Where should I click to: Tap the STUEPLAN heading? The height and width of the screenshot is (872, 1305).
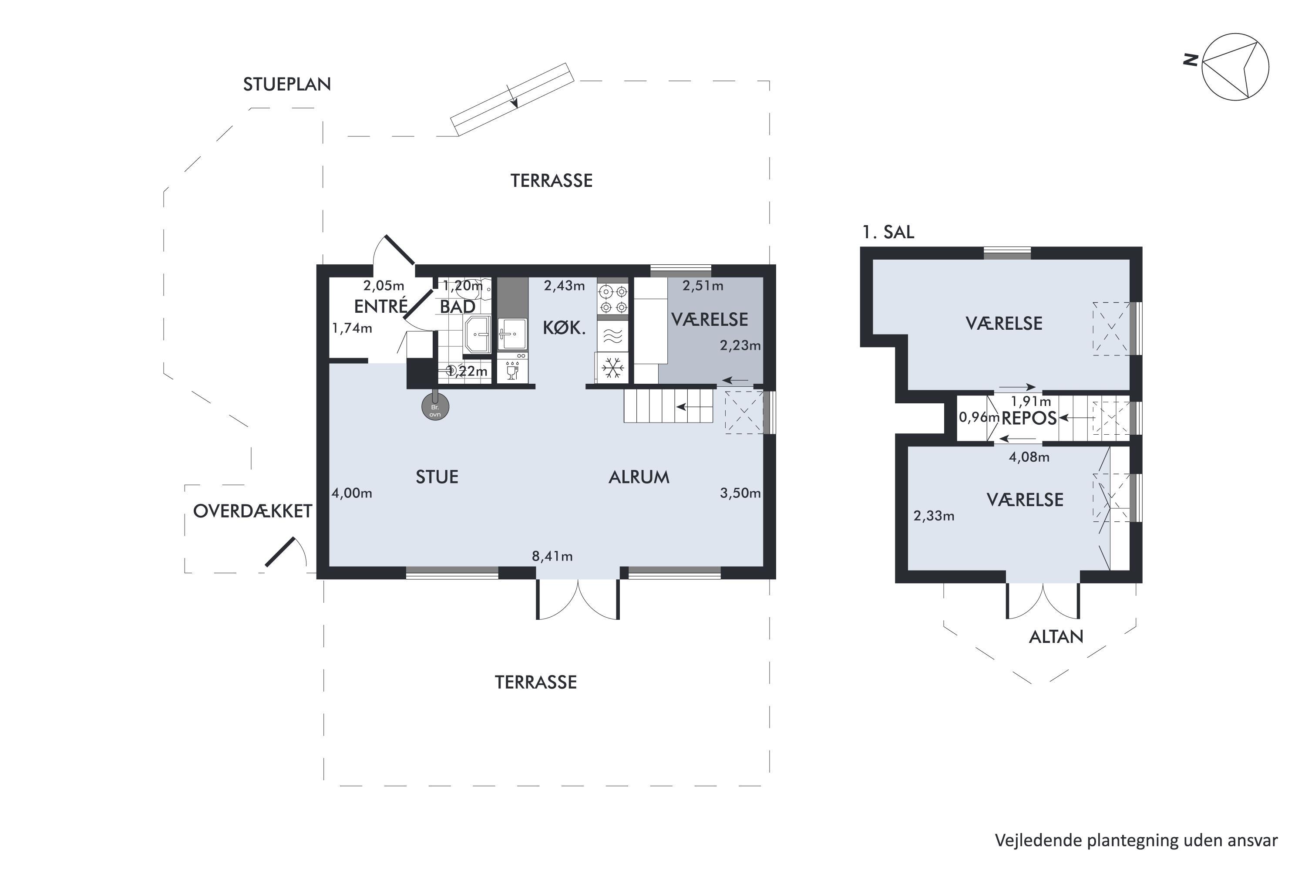coord(287,84)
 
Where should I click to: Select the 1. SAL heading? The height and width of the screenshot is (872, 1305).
coord(888,232)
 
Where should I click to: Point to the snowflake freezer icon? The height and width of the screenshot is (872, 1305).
coord(612,368)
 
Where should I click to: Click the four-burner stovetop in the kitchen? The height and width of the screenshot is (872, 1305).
coord(613,299)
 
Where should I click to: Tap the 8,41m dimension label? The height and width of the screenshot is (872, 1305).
coord(552,556)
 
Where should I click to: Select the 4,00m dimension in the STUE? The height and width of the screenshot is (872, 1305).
coord(352,493)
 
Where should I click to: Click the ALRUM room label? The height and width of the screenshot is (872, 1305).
coord(639,477)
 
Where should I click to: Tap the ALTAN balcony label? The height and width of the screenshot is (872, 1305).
coord(1056,637)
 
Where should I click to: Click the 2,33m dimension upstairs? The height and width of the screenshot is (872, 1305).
coord(934,516)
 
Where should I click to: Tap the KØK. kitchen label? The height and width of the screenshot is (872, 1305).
coord(564,328)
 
